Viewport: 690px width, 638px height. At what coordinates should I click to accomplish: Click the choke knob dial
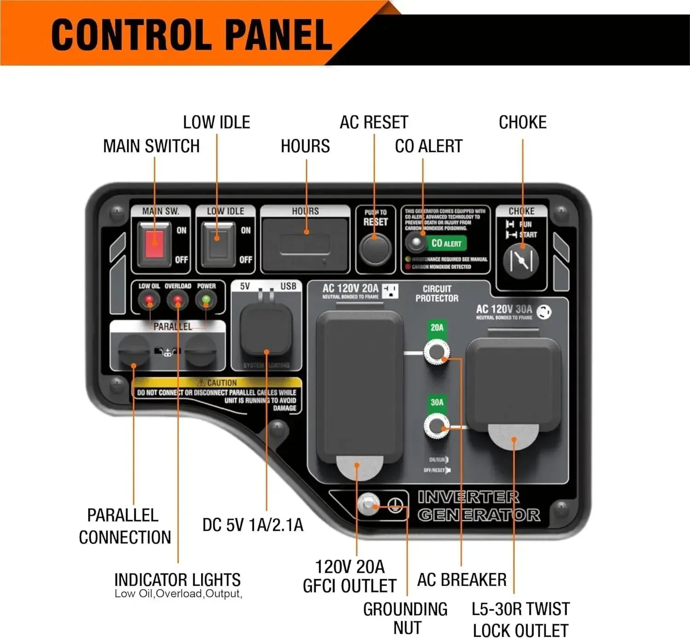point(521,260)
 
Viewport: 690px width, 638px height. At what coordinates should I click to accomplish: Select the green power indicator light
point(206,300)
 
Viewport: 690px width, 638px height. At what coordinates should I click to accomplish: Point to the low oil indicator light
point(149,301)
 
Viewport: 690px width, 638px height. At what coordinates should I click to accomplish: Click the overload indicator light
point(178,301)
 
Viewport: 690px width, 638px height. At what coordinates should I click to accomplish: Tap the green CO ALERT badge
point(446,243)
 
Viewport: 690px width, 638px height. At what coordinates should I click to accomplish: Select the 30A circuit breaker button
point(436,427)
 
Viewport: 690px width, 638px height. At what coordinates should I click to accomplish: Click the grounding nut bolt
point(368,505)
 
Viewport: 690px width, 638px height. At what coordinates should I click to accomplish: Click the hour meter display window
point(305,244)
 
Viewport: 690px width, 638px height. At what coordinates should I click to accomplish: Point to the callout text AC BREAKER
point(461,580)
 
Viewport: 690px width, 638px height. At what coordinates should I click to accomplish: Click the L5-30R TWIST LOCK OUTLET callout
point(520,620)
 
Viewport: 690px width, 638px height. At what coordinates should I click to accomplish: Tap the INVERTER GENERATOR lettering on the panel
point(478,506)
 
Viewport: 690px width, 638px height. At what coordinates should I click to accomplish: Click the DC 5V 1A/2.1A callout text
point(253,525)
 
